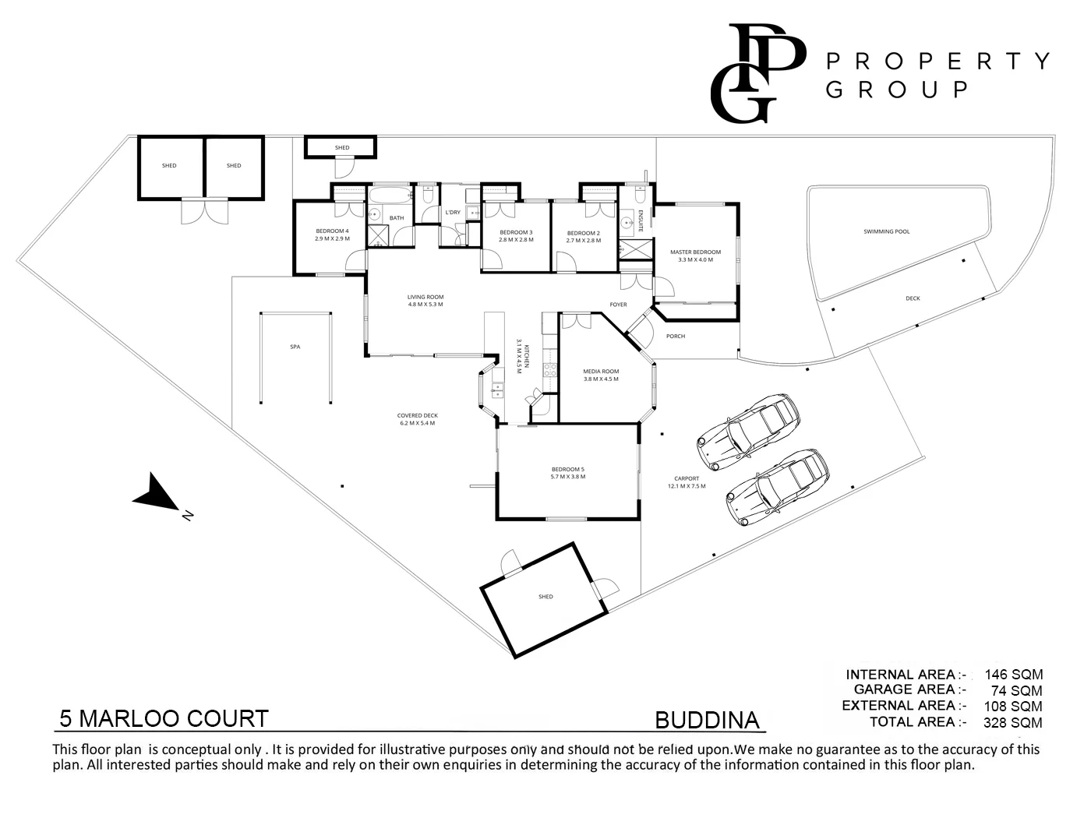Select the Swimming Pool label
click(886, 231)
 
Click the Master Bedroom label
click(695, 252)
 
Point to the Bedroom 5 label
click(567, 469)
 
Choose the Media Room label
click(600, 372)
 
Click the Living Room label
click(425, 297)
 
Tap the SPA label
click(295, 347)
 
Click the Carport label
click(687, 478)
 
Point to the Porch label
click(676, 337)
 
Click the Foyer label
click(618, 305)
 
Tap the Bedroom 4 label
click(332, 231)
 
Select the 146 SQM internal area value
click(1013, 675)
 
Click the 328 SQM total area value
click(1013, 722)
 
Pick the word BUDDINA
click(707, 720)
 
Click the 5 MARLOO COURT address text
click(164, 718)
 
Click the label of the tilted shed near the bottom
click(545, 597)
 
